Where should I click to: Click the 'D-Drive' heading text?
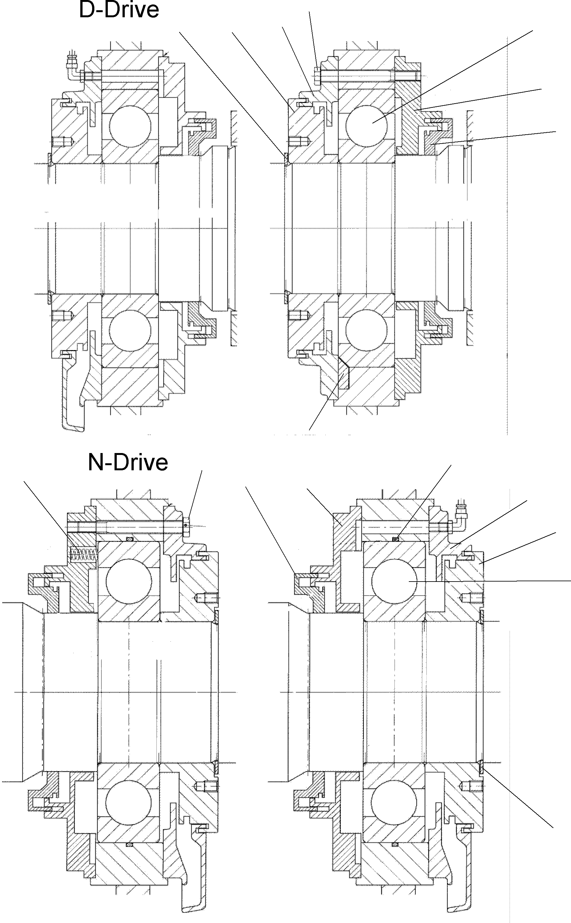tap(119, 10)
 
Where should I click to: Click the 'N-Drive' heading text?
tap(128, 462)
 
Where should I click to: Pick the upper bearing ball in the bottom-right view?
tap(394, 582)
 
